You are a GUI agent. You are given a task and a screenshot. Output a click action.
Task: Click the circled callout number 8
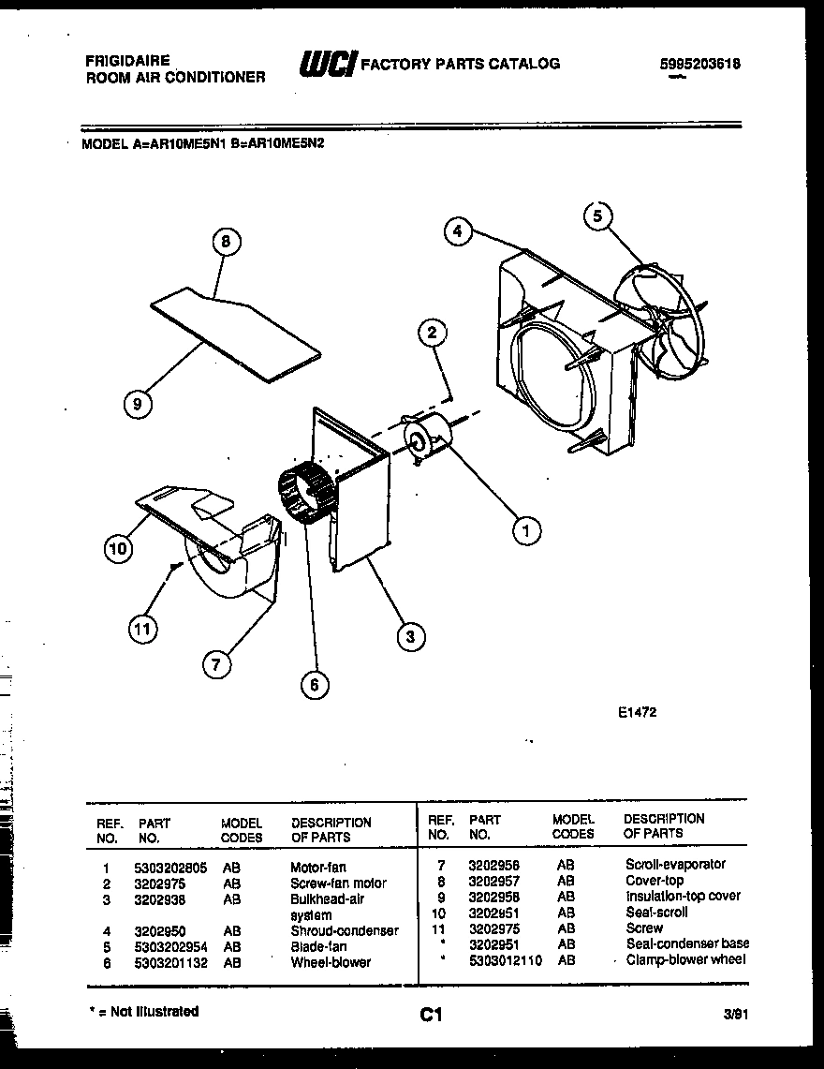click(x=225, y=242)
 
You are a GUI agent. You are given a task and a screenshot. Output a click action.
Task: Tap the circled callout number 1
click(x=525, y=531)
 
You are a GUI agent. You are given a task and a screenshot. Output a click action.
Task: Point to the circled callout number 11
click(x=141, y=631)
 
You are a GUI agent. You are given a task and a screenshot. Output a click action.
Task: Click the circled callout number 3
click(x=408, y=636)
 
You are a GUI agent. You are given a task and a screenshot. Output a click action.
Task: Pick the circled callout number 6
click(x=314, y=685)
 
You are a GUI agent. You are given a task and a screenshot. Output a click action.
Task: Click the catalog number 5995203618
click(x=700, y=64)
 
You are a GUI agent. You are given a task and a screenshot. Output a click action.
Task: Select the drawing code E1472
click(x=637, y=712)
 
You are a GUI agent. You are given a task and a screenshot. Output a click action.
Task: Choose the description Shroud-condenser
click(x=344, y=930)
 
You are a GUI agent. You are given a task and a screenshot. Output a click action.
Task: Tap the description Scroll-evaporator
click(x=675, y=864)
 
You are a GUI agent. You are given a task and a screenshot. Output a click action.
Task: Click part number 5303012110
click(x=505, y=959)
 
